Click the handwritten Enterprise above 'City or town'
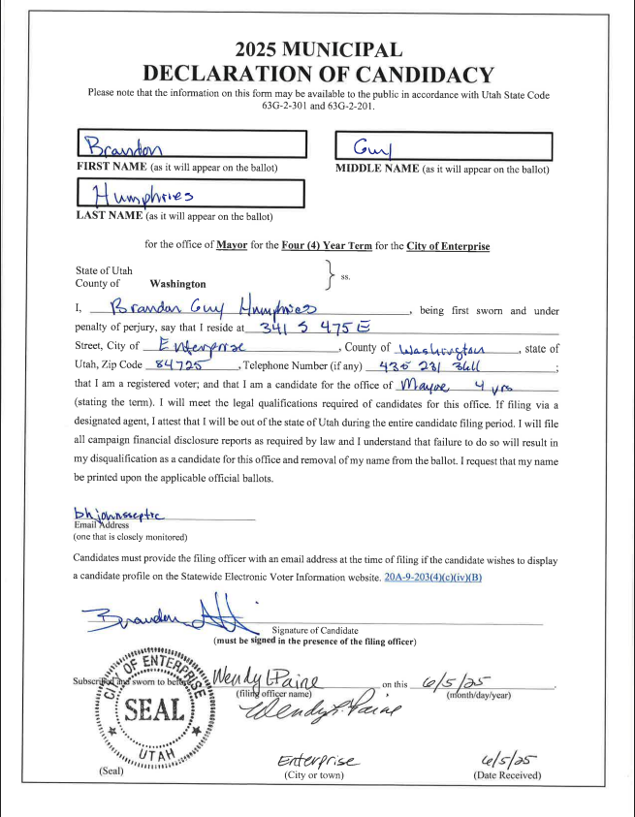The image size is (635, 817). (316, 761)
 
